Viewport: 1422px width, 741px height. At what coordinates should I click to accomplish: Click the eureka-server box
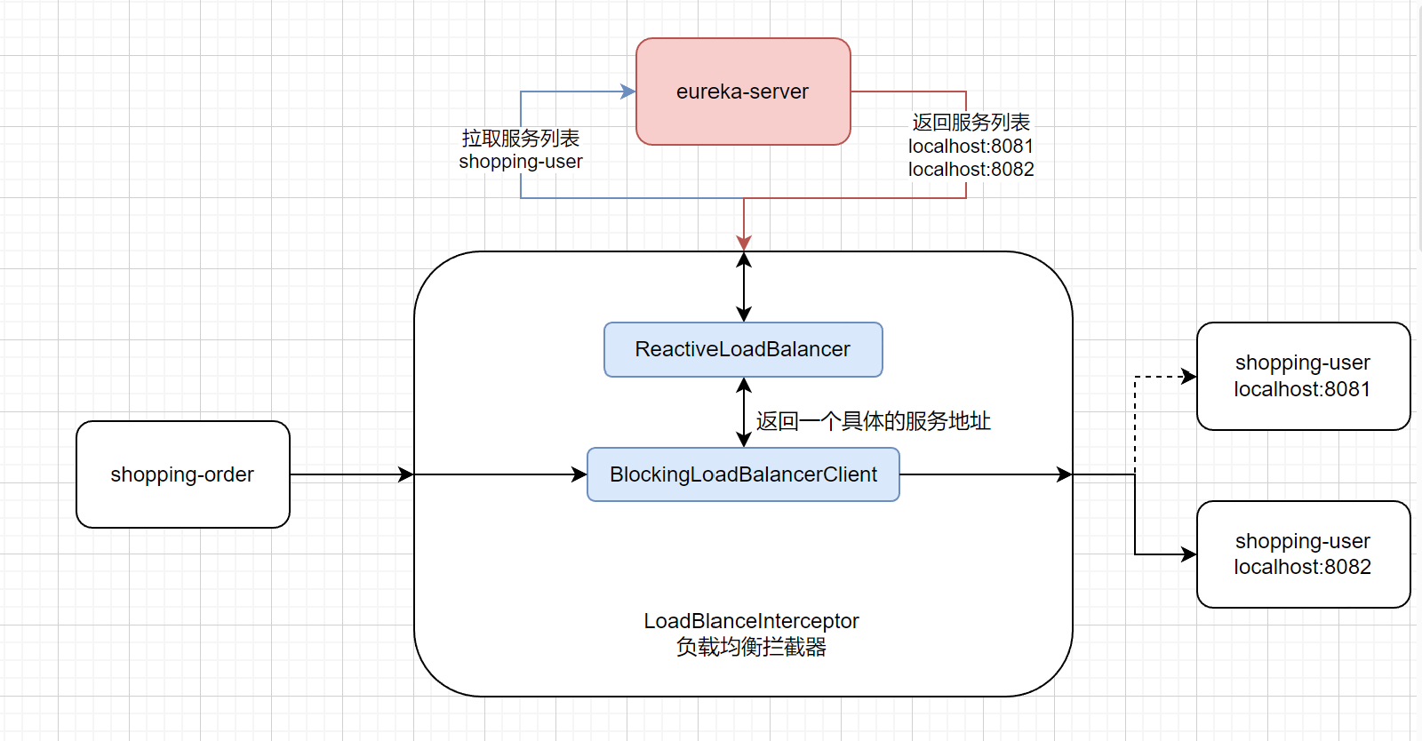click(743, 92)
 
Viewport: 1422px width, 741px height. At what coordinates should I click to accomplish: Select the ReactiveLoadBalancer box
click(743, 349)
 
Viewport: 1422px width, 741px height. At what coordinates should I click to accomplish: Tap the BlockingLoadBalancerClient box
click(743, 474)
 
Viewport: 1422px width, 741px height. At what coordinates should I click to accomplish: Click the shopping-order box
click(183, 474)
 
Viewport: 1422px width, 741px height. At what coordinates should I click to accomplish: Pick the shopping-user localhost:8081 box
click(1303, 376)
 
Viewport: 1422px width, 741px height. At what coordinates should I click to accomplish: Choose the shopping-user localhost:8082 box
click(1303, 554)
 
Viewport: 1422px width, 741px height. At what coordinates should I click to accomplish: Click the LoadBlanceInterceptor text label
click(751, 620)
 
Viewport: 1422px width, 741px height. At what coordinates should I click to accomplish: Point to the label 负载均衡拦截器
click(751, 647)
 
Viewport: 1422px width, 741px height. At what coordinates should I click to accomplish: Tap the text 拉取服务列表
click(521, 138)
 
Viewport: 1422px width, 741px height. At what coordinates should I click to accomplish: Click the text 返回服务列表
click(971, 122)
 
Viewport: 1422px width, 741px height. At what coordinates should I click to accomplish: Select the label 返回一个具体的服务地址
click(873, 421)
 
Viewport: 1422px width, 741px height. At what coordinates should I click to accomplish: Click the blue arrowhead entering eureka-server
click(628, 92)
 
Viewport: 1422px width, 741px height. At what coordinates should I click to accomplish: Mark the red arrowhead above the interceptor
click(744, 243)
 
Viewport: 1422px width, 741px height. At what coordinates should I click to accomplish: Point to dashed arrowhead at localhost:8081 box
click(1189, 377)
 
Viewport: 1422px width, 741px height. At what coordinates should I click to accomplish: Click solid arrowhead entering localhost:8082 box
click(1189, 554)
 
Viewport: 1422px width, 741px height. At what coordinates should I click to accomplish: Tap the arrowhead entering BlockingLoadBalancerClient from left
click(579, 474)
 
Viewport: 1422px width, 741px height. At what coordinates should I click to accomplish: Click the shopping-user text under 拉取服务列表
click(521, 162)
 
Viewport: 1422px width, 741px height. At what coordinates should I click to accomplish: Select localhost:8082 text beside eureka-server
click(971, 169)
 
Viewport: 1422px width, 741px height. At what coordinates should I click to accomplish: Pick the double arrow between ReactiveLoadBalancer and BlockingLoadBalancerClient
click(744, 412)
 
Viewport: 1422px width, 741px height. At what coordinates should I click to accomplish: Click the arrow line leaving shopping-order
click(347, 474)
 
